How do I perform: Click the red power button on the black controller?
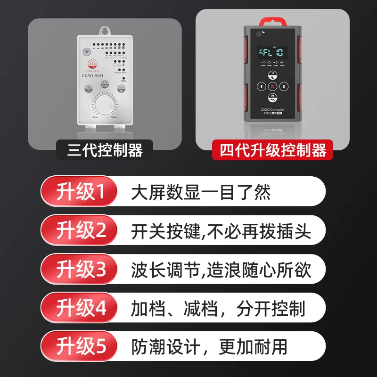(x=272, y=87)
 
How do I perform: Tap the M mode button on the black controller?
(x=272, y=98)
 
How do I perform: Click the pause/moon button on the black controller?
(x=272, y=75)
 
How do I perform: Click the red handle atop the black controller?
(x=272, y=21)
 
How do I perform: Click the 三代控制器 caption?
(x=105, y=151)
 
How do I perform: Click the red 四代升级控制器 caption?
(x=273, y=151)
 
